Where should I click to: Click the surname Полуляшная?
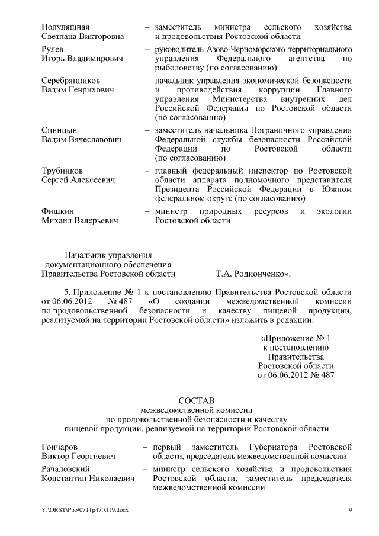66,27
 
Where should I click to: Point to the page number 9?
350,510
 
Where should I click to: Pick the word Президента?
176,190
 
